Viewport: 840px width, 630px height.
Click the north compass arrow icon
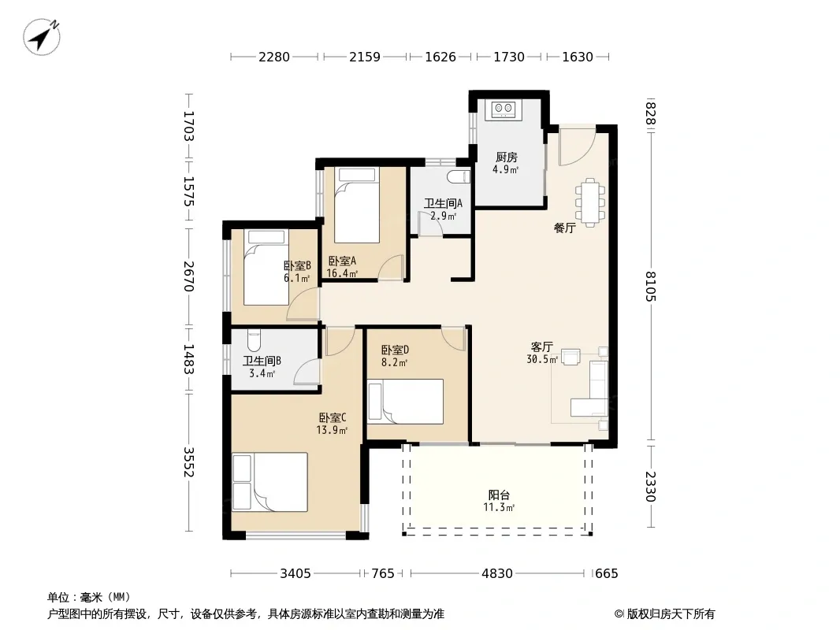[x=41, y=36]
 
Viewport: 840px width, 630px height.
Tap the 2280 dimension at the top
[x=273, y=57]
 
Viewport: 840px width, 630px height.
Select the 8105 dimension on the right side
[x=651, y=287]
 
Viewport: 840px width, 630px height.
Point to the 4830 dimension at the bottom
[x=497, y=574]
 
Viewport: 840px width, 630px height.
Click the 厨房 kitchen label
[x=506, y=157]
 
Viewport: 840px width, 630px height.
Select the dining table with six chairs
[x=590, y=203]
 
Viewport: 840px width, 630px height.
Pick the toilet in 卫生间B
[x=254, y=339]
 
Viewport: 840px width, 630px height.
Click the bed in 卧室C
[x=269, y=482]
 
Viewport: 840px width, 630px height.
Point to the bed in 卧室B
[x=266, y=268]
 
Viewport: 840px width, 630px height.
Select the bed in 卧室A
[x=357, y=206]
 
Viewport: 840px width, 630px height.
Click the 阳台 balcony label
[x=499, y=495]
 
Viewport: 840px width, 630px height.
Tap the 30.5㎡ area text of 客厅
[x=542, y=360]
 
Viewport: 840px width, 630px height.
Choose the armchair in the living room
[x=571, y=357]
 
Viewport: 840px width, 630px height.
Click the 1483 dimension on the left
[x=188, y=359]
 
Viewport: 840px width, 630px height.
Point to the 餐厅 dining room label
[x=565, y=228]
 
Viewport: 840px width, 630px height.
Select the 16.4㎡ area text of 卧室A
[x=342, y=273]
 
